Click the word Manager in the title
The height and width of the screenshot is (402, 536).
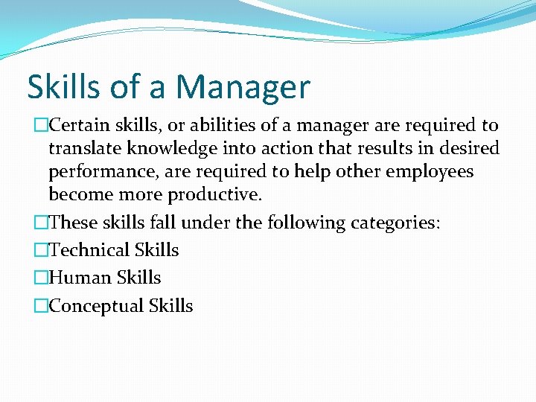(243, 87)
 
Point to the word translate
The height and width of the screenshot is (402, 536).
(82, 148)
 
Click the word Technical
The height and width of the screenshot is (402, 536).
(89, 250)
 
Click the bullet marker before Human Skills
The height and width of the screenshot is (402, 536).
(41, 278)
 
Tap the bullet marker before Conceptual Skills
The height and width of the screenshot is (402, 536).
(41, 307)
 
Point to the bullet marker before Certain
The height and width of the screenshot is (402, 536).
(41, 126)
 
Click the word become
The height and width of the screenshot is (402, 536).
(78, 195)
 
